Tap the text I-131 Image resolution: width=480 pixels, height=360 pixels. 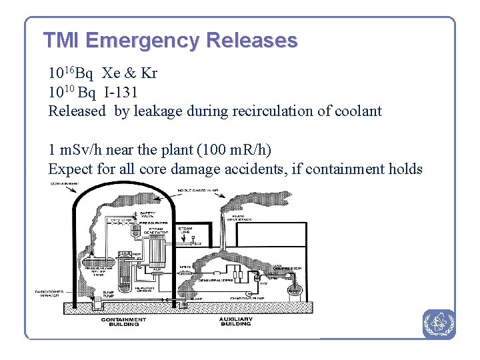[x=121, y=91]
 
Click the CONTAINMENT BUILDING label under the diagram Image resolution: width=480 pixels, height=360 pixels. [x=124, y=322]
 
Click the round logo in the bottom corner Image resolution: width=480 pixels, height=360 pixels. [x=439, y=324]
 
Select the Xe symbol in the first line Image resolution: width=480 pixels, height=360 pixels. [x=111, y=72]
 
